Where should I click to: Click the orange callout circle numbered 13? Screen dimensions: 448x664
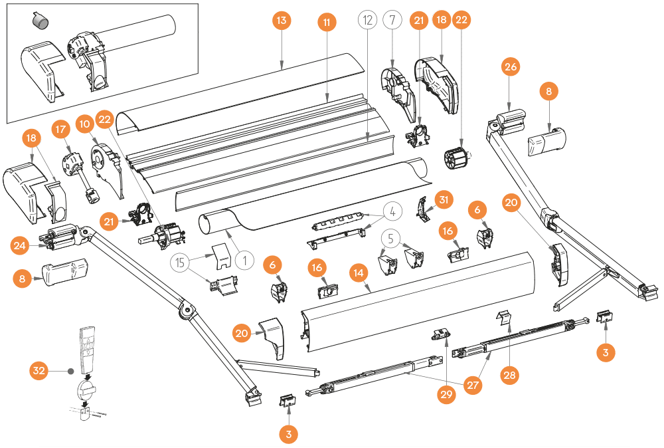(282, 21)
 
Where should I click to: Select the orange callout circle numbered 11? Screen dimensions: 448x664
(326, 23)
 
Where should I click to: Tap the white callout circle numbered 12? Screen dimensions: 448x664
(367, 21)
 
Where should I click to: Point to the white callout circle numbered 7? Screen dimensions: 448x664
(392, 21)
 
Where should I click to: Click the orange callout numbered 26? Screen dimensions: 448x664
(511, 67)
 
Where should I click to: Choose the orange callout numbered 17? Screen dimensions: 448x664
(61, 128)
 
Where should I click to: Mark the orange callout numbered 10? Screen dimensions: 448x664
(84, 124)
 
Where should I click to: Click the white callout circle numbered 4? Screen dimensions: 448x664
(392, 212)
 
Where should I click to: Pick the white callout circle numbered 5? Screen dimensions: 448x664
(392, 237)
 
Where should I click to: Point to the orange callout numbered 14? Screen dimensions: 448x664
(359, 273)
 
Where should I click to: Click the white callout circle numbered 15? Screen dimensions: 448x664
(180, 263)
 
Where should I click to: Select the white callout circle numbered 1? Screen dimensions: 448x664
(244, 260)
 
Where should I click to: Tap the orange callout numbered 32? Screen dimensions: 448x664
(39, 370)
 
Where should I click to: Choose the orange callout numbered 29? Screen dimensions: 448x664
(446, 394)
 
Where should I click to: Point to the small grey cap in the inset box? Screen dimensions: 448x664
(41, 22)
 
